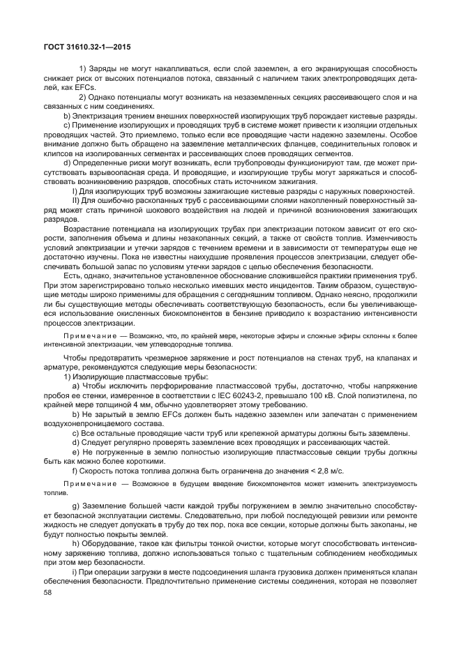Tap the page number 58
pos(48,593)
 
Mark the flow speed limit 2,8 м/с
pos(328,471)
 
